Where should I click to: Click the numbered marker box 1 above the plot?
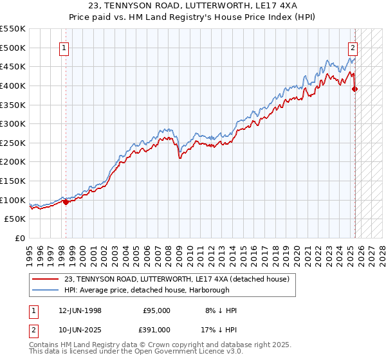[65, 47]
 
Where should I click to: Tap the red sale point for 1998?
[66, 202]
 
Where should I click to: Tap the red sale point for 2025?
[355, 89]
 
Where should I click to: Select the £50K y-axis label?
[15, 219]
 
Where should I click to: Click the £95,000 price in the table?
[156, 310]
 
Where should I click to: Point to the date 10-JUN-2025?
[80, 329]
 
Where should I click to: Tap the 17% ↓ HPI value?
[219, 329]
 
